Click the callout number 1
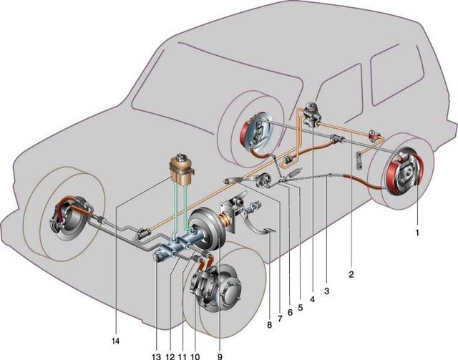coord(417,231)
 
